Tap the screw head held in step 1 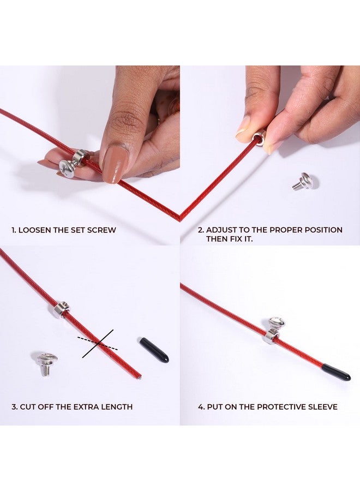(x=67, y=168)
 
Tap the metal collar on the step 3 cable (x=61, y=309)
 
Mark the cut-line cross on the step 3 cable (x=98, y=343)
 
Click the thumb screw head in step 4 (x=276, y=324)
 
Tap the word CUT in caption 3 (x=27, y=407)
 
